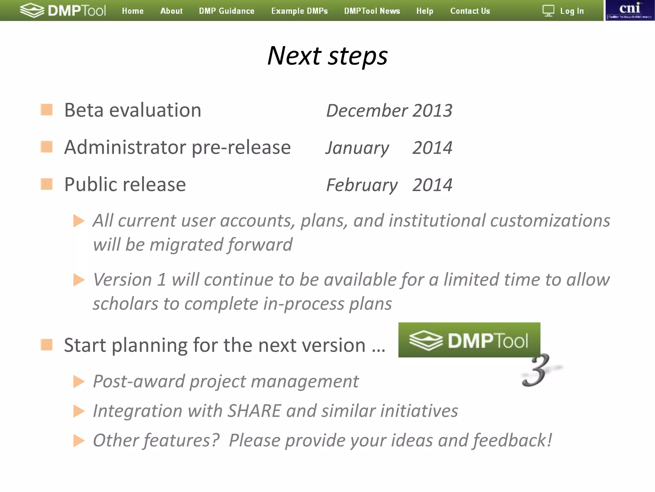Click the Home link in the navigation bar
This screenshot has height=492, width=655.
click(133, 11)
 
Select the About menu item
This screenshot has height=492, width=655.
click(171, 11)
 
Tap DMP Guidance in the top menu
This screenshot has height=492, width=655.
click(227, 11)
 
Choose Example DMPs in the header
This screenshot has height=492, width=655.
click(299, 11)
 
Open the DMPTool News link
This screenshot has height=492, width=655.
click(372, 11)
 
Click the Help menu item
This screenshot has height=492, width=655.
click(425, 11)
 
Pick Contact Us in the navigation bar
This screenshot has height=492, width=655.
click(470, 11)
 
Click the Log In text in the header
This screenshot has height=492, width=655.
click(572, 11)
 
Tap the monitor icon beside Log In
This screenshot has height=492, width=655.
click(548, 11)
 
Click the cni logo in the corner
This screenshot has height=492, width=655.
click(630, 10)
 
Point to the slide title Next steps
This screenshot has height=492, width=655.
click(327, 56)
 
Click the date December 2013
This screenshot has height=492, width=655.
click(389, 111)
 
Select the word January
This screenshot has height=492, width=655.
click(357, 148)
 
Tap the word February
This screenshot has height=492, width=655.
click(362, 185)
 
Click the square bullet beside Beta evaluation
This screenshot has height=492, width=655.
click(47, 110)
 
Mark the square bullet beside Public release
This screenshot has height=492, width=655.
click(47, 184)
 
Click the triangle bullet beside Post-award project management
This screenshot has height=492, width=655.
click(79, 381)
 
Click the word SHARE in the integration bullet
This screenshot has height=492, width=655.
click(254, 411)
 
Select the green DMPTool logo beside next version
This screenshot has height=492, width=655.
click(469, 340)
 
